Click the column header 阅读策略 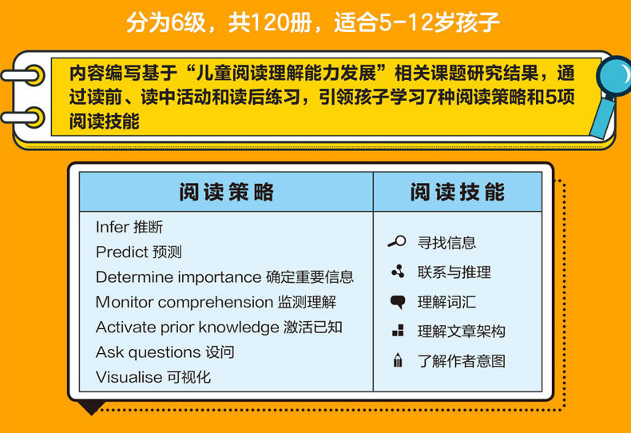226,192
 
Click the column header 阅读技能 457,192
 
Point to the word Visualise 129,377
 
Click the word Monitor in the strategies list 125,302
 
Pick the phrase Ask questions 148,352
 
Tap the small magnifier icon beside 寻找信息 397,241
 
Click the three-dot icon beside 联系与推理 398,272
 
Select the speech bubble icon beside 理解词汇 398,302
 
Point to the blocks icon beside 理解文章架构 398,331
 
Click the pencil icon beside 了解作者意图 398,360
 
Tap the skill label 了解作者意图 461,361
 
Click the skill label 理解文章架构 461,332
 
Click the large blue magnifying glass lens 615,75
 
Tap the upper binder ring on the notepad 23,75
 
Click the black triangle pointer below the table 92,407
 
